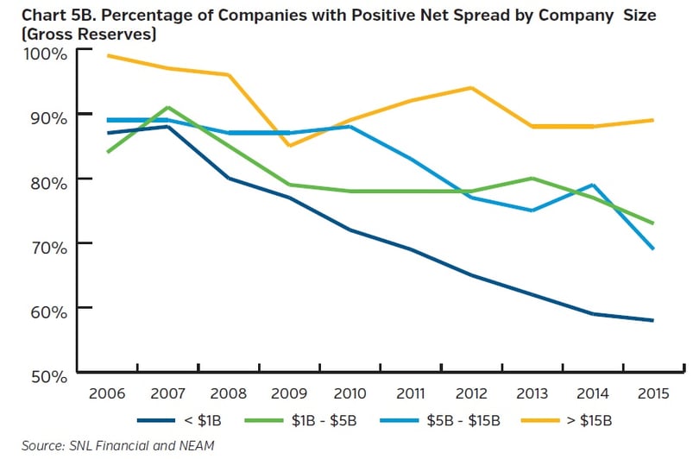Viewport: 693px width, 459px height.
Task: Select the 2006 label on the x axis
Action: [107, 394]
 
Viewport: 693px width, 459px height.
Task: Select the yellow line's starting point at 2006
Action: [107, 55]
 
